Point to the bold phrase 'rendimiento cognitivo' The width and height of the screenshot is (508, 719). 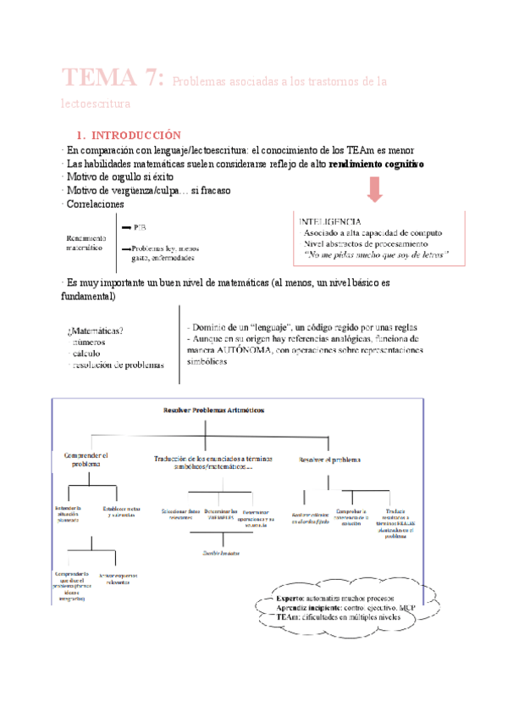pyautogui.click(x=377, y=163)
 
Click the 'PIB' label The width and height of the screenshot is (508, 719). pyautogui.click(x=140, y=228)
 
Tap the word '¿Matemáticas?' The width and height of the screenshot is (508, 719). pyautogui.click(x=95, y=331)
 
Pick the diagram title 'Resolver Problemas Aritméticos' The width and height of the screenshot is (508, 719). pyautogui.click(x=213, y=410)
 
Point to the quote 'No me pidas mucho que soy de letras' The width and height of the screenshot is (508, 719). pyautogui.click(x=378, y=254)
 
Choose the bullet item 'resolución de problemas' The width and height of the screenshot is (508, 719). pyautogui.click(x=115, y=365)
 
